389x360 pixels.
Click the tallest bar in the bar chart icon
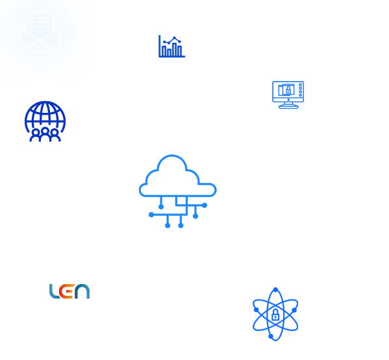click(175, 49)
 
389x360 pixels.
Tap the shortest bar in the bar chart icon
click(169, 53)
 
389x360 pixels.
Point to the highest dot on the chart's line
click(174, 38)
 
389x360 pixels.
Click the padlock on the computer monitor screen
click(288, 90)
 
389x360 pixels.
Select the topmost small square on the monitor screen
click(301, 85)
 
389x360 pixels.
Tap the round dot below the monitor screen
click(288, 100)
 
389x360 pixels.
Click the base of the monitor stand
click(288, 107)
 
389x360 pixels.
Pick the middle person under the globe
click(45, 134)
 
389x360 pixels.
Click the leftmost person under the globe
click(36, 136)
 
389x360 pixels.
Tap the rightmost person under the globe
click(55, 136)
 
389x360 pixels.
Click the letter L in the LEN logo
click(54, 291)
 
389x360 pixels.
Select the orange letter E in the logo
click(66, 291)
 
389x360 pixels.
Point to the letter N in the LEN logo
click(82, 291)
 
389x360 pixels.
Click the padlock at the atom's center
click(275, 315)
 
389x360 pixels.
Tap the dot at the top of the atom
click(275, 290)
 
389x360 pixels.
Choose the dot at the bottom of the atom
click(271, 336)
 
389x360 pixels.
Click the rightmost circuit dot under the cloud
click(205, 205)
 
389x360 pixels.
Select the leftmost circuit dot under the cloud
click(151, 215)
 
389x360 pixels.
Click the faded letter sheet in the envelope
click(40, 22)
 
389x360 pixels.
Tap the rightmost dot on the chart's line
click(180, 42)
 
